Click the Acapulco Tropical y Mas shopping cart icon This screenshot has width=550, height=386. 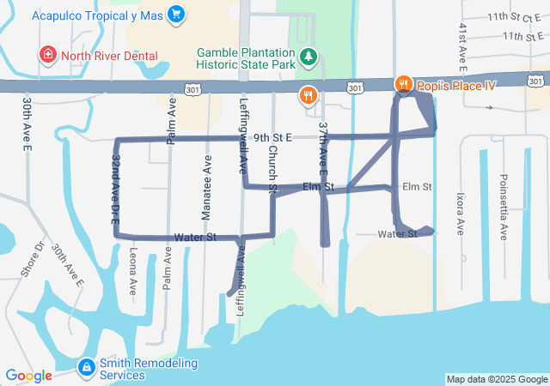pyautogui.click(x=176, y=15)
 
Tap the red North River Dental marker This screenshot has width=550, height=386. pyautogui.click(x=48, y=56)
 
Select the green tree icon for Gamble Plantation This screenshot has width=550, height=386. pyautogui.click(x=309, y=57)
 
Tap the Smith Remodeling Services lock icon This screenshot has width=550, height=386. pyautogui.click(x=86, y=368)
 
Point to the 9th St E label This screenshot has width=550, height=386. pyautogui.click(x=273, y=137)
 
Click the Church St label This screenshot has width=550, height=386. pyautogui.click(x=272, y=168)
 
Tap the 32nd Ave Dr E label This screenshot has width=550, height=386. pyautogui.click(x=114, y=190)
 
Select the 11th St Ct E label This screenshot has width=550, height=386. pyautogui.click(x=511, y=16)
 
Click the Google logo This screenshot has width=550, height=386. pyautogui.click(x=28, y=375)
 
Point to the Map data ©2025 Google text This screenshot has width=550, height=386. pyautogui.click(x=496, y=379)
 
